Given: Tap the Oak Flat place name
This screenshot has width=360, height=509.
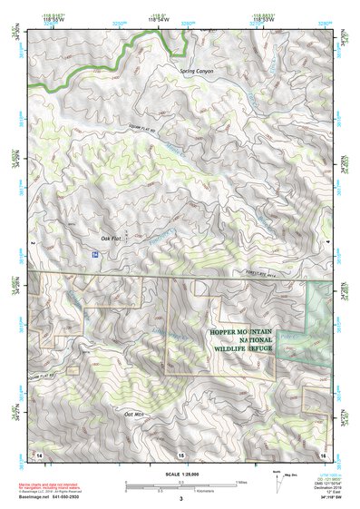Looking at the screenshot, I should (x=112, y=240).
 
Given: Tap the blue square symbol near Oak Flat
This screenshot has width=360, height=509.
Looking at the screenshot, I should (x=95, y=256).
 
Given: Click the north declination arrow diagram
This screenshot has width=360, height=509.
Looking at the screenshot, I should (x=302, y=476).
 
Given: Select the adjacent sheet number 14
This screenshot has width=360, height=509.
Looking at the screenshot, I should (x=39, y=454).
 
